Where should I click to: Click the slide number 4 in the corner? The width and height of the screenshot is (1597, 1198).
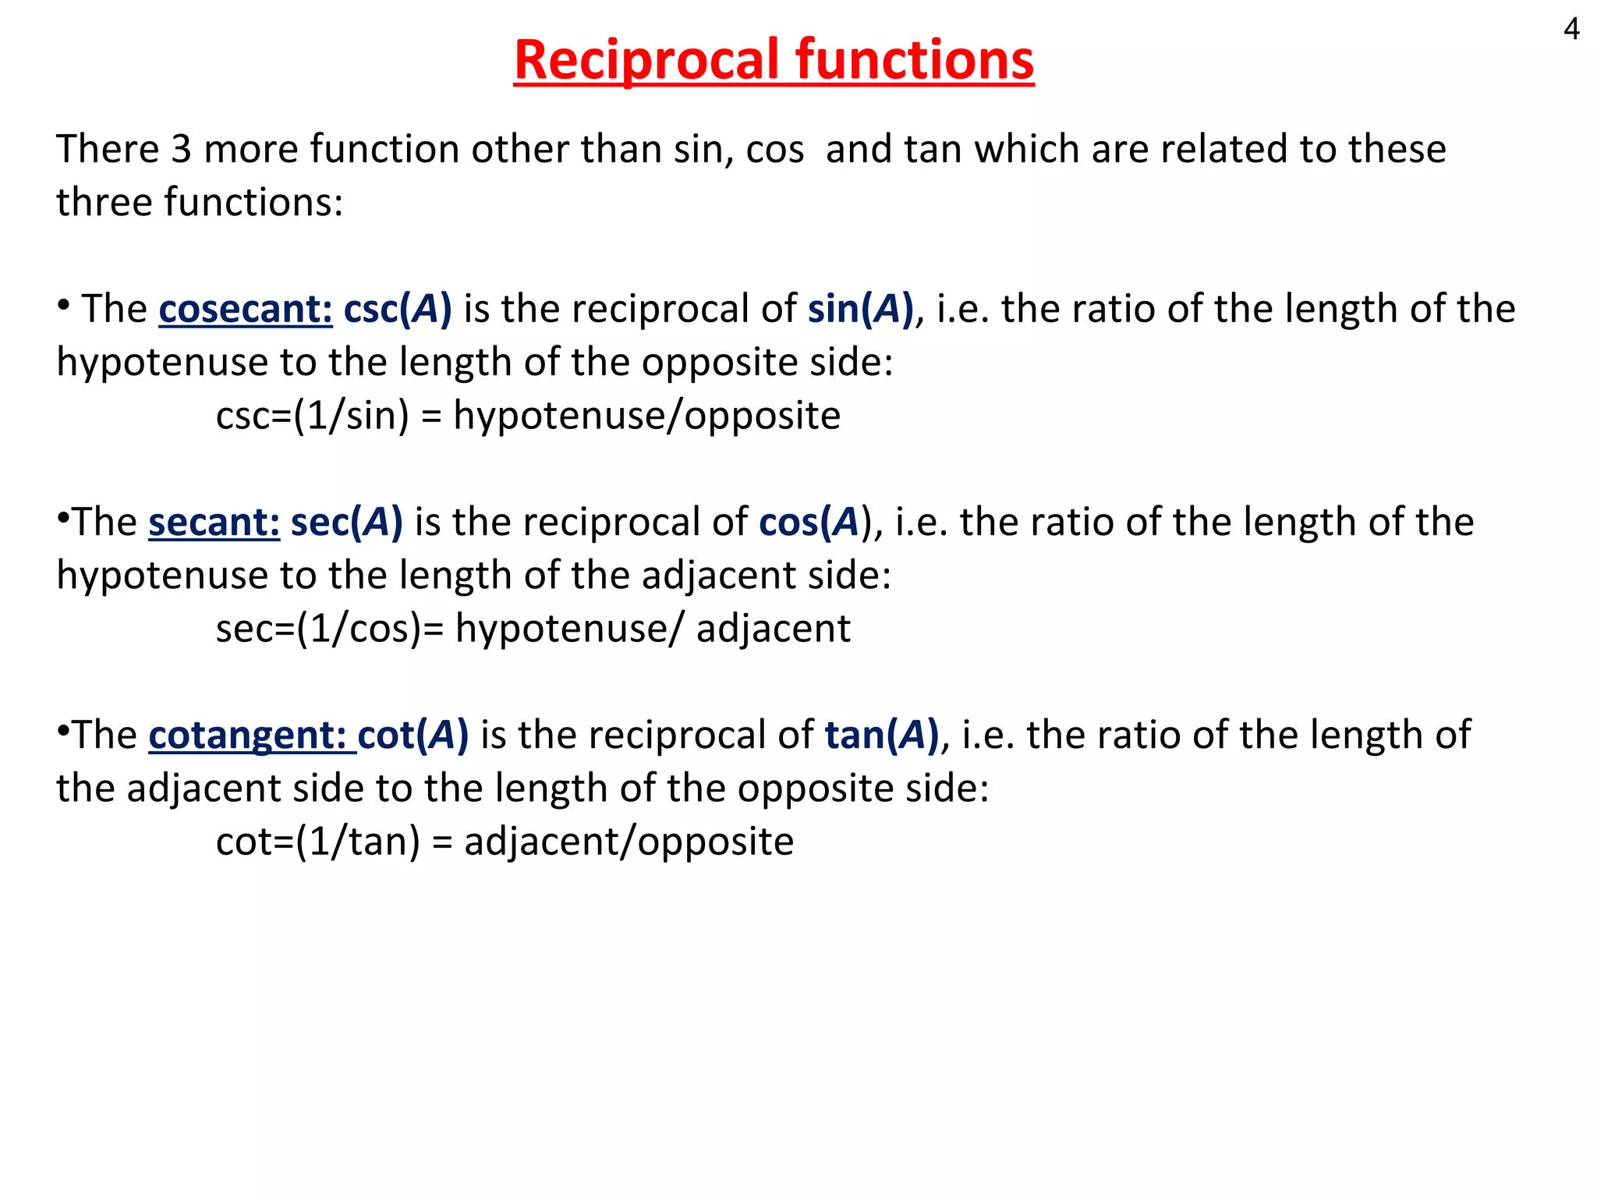point(1571,30)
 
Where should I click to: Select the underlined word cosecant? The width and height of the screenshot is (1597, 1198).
point(246,309)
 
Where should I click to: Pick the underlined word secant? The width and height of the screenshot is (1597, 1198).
point(214,522)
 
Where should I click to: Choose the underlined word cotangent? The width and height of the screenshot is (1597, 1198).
point(252,735)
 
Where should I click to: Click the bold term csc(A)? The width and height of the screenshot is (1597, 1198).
point(398,309)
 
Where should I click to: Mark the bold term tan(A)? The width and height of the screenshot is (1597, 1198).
point(882,735)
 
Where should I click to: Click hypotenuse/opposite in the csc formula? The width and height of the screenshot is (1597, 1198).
point(647,416)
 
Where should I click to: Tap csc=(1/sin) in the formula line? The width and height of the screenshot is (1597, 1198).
point(313,416)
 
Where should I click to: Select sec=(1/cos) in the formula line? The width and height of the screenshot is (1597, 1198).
point(319,629)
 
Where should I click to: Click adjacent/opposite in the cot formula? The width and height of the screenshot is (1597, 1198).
point(629,842)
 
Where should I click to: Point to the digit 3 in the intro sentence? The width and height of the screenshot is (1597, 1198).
point(181,149)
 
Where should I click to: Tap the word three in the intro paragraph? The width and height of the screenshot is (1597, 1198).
point(104,202)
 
